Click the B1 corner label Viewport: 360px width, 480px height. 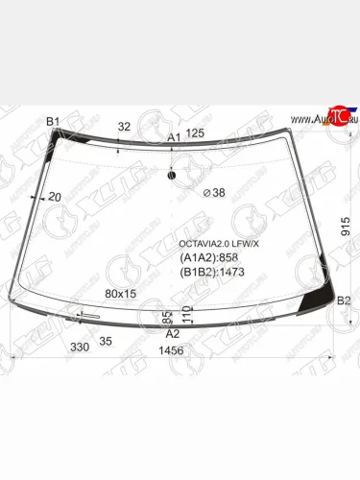click(54, 121)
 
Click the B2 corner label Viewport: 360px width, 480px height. click(343, 301)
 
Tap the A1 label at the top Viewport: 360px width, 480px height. click(174, 138)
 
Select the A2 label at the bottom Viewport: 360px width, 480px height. click(173, 333)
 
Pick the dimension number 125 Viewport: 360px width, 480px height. click(196, 133)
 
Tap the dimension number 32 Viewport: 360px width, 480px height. click(124, 127)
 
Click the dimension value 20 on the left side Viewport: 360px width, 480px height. click(54, 197)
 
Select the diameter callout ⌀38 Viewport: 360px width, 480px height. click(214, 193)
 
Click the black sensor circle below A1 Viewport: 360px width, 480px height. click(171, 175)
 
